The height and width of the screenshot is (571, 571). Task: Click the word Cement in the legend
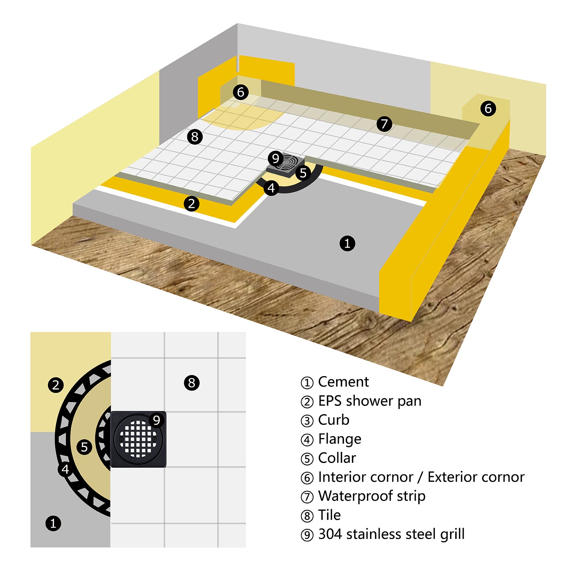pos(343,382)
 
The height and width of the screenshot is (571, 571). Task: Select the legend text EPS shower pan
pos(370,401)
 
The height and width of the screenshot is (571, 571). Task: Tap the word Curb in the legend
pos(333,420)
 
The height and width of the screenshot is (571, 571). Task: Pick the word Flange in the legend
pos(340,439)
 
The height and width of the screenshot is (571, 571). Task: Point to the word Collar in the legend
pos(337,458)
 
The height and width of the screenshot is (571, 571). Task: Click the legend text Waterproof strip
pos(372,496)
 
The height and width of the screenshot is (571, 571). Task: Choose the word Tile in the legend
pos(329,515)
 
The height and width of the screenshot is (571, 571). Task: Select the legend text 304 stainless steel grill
pos(391,534)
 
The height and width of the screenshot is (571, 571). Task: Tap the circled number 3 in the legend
pos(307,421)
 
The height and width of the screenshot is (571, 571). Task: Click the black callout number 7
pos(384,124)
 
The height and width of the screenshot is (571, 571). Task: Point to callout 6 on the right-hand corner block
pos(488,108)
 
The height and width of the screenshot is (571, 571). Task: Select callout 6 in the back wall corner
pos(241,92)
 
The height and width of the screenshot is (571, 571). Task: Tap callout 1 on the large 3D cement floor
pos(347,243)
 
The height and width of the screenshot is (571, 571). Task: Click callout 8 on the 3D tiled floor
pos(195,136)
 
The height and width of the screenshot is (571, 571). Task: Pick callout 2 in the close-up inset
pos(56,385)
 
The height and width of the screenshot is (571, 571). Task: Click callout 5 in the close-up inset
pos(85,447)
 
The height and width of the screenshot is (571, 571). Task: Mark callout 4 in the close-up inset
pos(65,469)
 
